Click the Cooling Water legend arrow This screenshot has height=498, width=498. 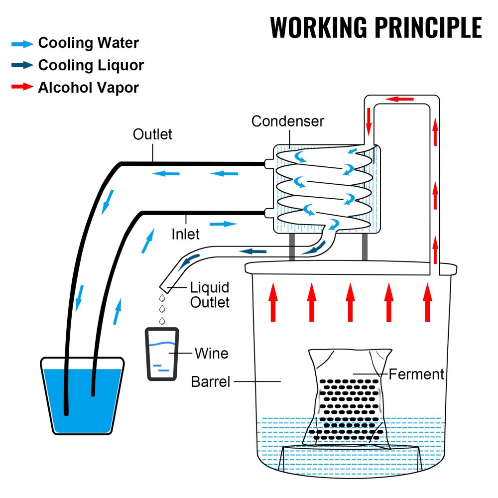click(x=22, y=43)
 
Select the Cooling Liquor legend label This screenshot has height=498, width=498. click(x=91, y=65)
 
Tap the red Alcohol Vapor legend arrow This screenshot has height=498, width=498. click(x=22, y=88)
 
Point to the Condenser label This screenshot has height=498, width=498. click(x=287, y=121)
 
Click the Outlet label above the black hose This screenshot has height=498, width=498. click(x=152, y=134)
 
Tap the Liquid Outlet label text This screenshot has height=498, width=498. click(x=210, y=294)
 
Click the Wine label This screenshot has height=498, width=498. click(x=211, y=353)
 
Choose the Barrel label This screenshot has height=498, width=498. click(x=211, y=382)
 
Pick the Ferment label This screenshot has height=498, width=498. click(x=416, y=373)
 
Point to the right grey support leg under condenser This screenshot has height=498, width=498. click(x=365, y=247)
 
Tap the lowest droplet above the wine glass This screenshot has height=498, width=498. click(x=162, y=321)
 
